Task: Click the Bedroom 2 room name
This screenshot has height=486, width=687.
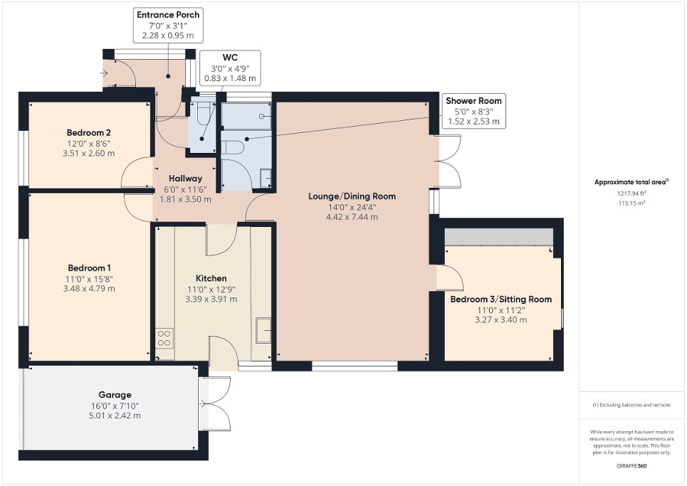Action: [x=88, y=132]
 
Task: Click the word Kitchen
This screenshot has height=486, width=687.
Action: [x=211, y=278]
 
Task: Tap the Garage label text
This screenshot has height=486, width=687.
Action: [x=115, y=394]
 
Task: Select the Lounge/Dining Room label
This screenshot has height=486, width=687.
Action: [x=352, y=196]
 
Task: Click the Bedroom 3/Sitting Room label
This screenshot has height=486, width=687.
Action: [x=500, y=300]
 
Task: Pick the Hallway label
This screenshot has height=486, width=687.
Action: [x=185, y=179]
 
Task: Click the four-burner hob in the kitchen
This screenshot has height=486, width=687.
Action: [x=164, y=337]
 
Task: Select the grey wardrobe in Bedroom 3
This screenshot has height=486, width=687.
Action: [x=498, y=237]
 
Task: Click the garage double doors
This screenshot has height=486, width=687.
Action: [x=216, y=404]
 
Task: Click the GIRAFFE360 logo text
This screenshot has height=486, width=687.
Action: [x=632, y=465]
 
